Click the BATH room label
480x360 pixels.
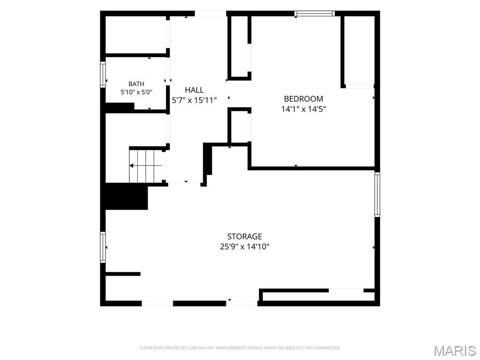click(x=136, y=84)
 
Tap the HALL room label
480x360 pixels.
click(x=194, y=90)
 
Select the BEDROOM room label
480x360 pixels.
click(x=303, y=99)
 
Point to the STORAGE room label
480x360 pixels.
click(x=244, y=236)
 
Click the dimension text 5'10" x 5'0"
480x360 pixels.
click(x=136, y=92)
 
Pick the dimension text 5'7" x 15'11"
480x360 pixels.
click(x=194, y=100)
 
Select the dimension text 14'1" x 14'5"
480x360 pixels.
click(x=303, y=109)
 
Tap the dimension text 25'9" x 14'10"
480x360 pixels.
click(x=244, y=247)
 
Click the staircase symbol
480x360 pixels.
click(x=146, y=165)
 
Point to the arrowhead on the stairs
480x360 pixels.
click(x=131, y=165)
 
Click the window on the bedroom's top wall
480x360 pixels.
click(x=315, y=14)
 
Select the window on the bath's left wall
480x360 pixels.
click(x=103, y=75)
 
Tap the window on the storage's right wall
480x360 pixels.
click(x=377, y=195)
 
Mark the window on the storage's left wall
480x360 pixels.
click(x=103, y=247)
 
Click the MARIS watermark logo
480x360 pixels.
click(x=455, y=351)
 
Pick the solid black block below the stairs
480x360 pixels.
click(x=127, y=196)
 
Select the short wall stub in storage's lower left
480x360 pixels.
click(x=123, y=274)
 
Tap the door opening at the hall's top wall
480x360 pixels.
click(x=210, y=14)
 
